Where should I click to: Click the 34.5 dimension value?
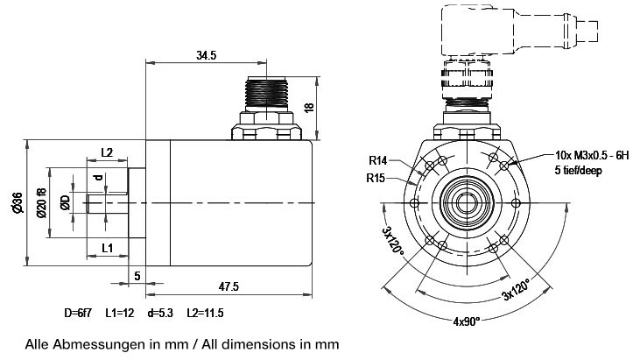[x=207, y=55]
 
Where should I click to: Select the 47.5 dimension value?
[x=229, y=286]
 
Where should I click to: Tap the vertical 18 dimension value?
[x=309, y=108]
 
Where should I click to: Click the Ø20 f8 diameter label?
[x=41, y=203]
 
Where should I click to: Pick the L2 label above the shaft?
[x=107, y=152]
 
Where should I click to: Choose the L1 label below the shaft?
[x=108, y=248]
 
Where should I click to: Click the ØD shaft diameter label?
[x=65, y=202]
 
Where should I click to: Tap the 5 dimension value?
[x=137, y=276]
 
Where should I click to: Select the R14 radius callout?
[x=378, y=161]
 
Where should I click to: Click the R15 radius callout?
[x=376, y=178]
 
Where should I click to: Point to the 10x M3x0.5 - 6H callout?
[x=592, y=155]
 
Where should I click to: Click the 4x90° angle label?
[x=467, y=321]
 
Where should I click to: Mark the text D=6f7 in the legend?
[x=78, y=313]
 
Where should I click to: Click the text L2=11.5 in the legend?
[x=205, y=313]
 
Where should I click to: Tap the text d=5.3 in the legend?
[x=160, y=313]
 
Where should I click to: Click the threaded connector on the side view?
[x=266, y=94]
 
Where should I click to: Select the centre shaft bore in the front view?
[x=467, y=202]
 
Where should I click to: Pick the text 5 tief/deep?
[x=579, y=170]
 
